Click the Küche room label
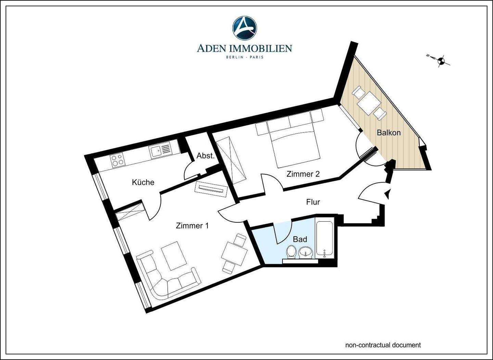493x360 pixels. pyautogui.click(x=143, y=182)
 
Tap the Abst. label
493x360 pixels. pyautogui.click(x=205, y=156)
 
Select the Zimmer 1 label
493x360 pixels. pyautogui.click(x=192, y=226)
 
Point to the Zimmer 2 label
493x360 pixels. pyautogui.click(x=303, y=174)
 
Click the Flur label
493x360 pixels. pyautogui.click(x=313, y=202)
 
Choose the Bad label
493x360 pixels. pyautogui.click(x=300, y=239)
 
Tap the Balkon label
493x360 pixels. pyautogui.click(x=389, y=133)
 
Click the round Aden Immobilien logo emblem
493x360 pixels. pyautogui.click(x=244, y=27)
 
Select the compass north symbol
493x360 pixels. pyautogui.click(x=441, y=60)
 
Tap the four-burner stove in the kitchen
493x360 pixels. pyautogui.click(x=117, y=160)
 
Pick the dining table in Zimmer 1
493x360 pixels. pyautogui.click(x=235, y=253)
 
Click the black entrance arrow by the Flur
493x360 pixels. pyautogui.click(x=387, y=194)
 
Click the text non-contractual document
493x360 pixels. pyautogui.click(x=383, y=345)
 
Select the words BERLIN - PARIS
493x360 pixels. pyautogui.click(x=244, y=57)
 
